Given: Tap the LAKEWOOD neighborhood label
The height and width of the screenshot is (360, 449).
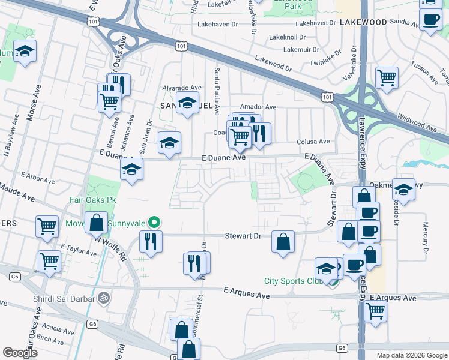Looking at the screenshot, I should (x=363, y=22).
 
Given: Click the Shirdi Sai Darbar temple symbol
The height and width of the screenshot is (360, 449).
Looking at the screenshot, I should (x=103, y=296).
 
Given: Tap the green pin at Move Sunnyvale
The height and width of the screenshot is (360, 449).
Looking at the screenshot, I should (x=154, y=223).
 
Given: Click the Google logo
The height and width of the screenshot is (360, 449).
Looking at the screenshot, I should (x=20, y=352).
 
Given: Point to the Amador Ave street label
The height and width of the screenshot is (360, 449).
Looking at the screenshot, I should (x=258, y=107).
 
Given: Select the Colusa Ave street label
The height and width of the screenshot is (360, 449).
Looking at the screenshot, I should (x=313, y=142).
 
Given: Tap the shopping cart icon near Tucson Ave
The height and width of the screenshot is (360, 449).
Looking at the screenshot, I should (x=387, y=77).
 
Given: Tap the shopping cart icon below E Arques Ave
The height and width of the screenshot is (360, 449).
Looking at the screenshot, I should (x=375, y=311).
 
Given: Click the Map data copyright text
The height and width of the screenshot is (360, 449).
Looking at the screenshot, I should (x=411, y=355).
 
